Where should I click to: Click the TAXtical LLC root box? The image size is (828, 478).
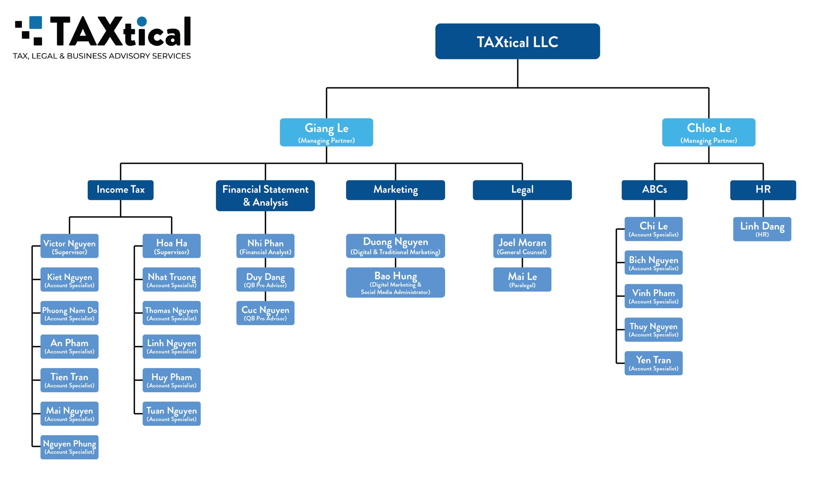(x=517, y=41)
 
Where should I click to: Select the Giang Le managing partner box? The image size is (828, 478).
(x=326, y=132)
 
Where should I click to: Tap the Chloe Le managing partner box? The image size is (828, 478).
(x=708, y=132)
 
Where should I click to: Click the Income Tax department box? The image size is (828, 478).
(x=120, y=190)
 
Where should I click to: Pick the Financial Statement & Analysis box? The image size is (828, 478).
(x=265, y=195)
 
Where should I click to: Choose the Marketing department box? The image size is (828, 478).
(x=395, y=190)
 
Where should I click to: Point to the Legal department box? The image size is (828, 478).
(x=522, y=190)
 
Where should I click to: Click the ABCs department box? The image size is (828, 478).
(x=654, y=190)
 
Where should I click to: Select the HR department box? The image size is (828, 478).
(x=763, y=190)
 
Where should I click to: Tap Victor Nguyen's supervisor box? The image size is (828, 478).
(x=70, y=246)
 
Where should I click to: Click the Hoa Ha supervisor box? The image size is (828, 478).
(x=171, y=246)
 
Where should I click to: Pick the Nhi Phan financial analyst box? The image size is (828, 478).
(x=265, y=246)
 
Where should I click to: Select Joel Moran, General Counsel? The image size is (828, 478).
(x=522, y=246)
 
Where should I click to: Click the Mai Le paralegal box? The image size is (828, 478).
(x=522, y=279)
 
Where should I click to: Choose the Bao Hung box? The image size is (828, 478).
(x=395, y=282)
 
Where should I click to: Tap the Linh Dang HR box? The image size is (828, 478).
(x=762, y=229)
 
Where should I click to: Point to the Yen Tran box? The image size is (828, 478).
(x=653, y=363)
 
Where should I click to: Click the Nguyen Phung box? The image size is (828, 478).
(x=70, y=447)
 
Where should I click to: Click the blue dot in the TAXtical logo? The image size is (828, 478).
(x=142, y=21)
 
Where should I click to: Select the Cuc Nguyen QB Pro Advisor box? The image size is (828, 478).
(x=265, y=313)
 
